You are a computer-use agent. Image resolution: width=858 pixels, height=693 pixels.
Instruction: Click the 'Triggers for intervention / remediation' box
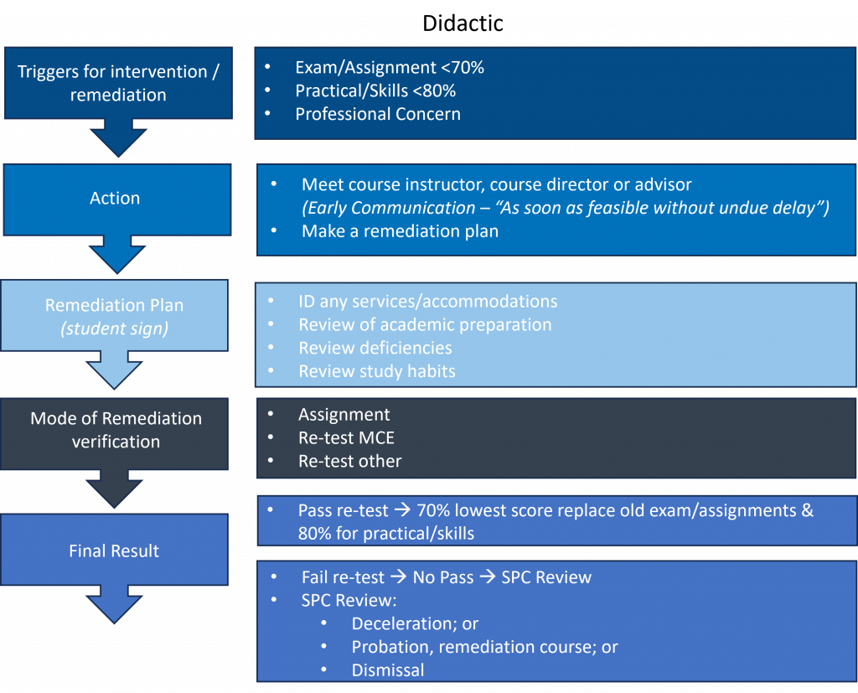(117, 83)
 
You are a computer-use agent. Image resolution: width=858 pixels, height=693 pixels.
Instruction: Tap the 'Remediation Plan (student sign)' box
(115, 315)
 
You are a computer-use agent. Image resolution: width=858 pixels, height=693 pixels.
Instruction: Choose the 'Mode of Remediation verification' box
(116, 430)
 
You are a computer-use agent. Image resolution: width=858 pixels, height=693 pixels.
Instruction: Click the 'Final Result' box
(114, 551)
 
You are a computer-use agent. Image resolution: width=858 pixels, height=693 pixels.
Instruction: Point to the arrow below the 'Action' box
(116, 254)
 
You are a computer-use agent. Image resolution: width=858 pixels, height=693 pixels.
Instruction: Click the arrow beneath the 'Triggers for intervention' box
(117, 137)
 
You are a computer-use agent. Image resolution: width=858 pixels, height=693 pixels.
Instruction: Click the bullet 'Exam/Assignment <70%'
(389, 68)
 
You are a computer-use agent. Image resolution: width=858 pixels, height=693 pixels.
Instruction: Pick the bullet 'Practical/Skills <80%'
(375, 91)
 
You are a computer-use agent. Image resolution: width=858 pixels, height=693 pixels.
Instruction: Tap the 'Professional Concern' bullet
(377, 114)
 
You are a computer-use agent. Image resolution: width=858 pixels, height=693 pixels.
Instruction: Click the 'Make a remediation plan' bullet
(400, 231)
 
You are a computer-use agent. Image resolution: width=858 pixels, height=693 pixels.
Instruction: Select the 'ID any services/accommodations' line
(427, 301)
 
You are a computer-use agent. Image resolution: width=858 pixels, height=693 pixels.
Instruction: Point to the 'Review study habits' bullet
(376, 371)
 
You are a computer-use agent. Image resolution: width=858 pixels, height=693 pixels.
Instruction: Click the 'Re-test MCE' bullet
(345, 437)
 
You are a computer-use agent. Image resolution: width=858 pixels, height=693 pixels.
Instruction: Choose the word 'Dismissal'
(387, 670)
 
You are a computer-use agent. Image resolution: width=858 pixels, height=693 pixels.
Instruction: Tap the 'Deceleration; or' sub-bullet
(415, 623)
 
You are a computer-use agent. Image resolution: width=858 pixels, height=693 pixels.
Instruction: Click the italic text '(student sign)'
(115, 328)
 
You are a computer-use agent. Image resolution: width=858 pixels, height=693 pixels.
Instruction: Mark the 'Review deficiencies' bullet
(375, 348)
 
